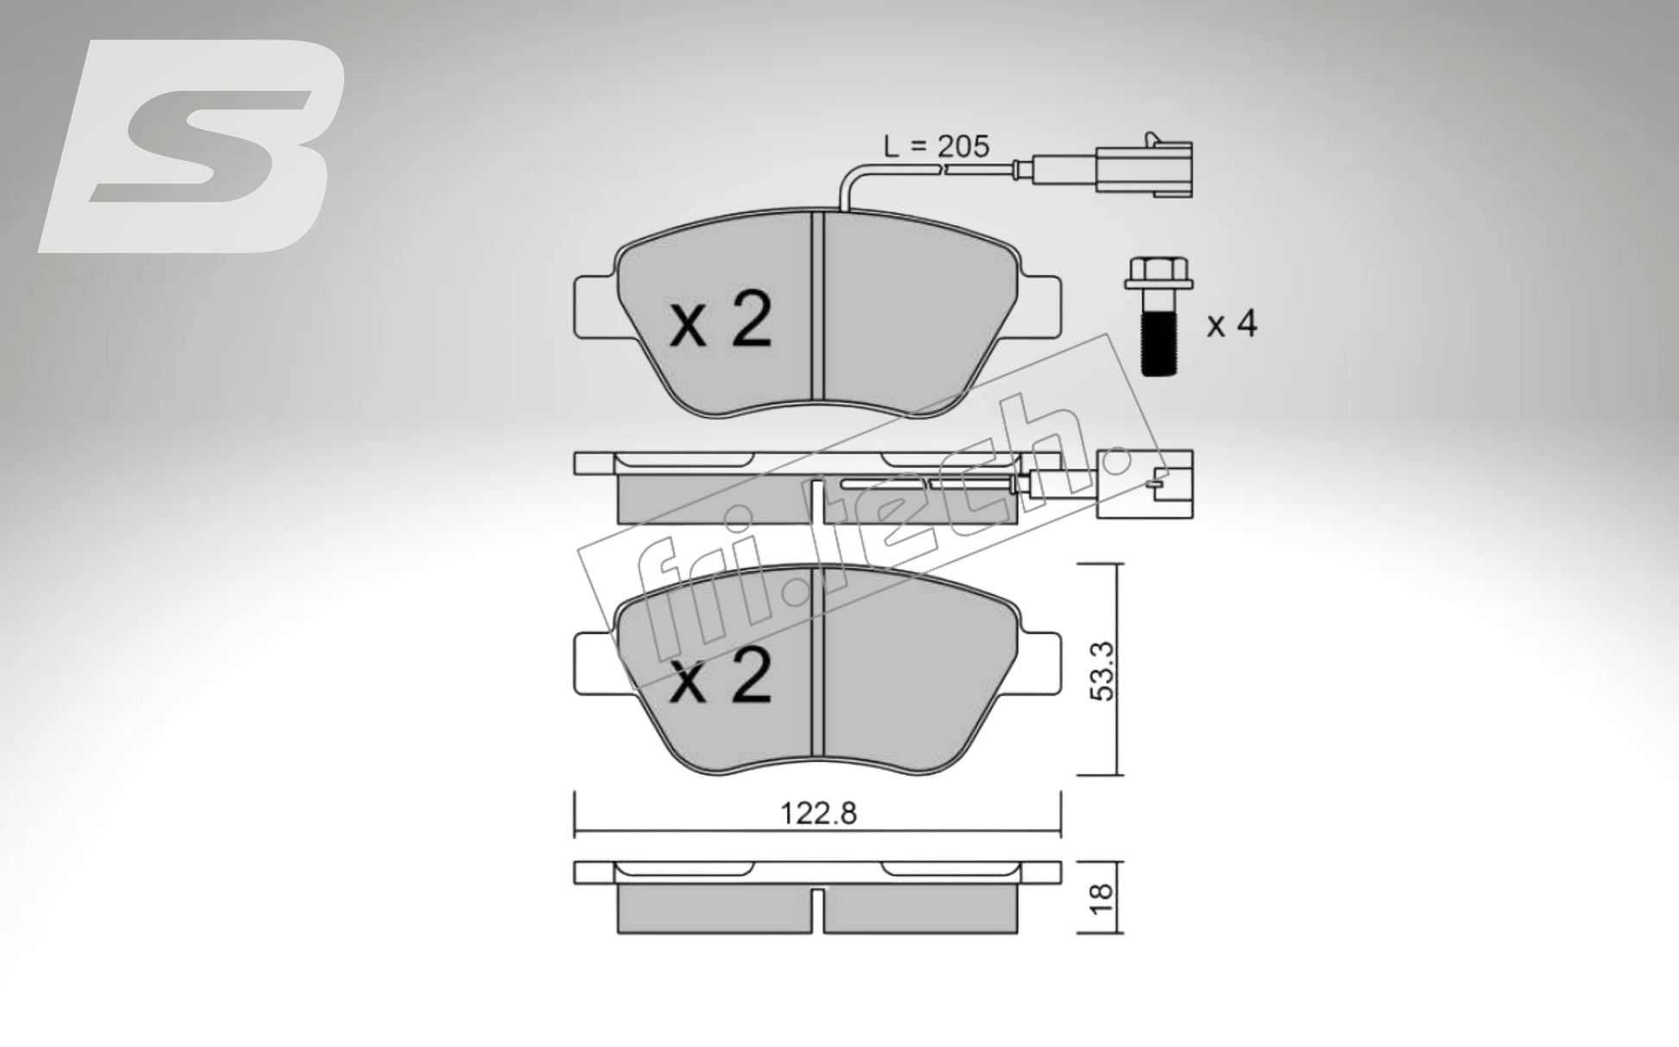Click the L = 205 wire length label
tap(936, 147)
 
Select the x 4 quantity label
tap(1231, 325)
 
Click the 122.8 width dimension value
tap(818, 813)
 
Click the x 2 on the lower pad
tap(721, 680)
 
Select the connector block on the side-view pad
tap(1145, 486)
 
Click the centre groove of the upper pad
tap(819, 310)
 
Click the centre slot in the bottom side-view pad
tap(818, 911)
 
